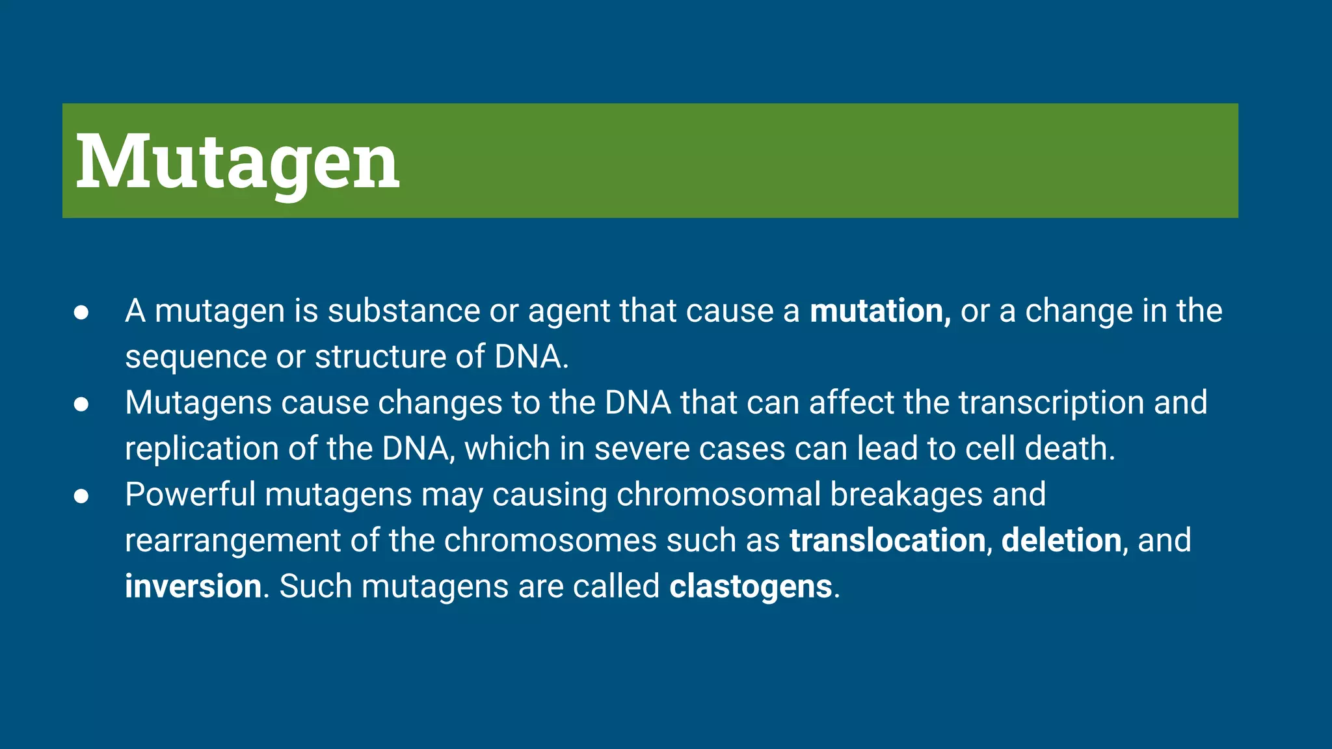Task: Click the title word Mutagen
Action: (237, 161)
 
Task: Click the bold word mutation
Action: (876, 311)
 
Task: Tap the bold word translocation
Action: (887, 540)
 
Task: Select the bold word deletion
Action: (1061, 540)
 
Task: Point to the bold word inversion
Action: (193, 586)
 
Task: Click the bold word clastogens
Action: (751, 586)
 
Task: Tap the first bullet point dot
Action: (81, 312)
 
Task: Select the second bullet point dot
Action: (81, 404)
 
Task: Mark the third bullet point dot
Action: (81, 496)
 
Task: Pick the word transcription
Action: (1051, 402)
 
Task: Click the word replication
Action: (202, 449)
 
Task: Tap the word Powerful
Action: (190, 494)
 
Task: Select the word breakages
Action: (906, 494)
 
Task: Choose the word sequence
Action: (195, 358)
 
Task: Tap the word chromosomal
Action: (719, 494)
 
